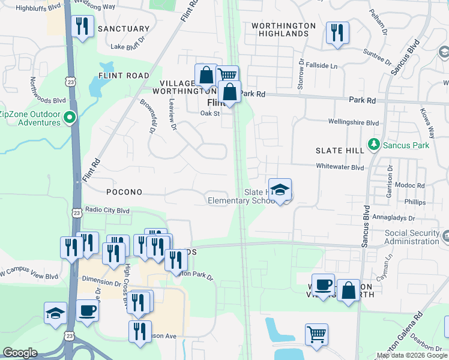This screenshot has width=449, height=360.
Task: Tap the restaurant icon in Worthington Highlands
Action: click(x=337, y=33)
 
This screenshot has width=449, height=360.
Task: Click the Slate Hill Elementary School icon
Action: click(x=280, y=190)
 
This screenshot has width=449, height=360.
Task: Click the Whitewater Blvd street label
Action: click(x=340, y=168)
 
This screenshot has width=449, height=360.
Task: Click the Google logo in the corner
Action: click(x=20, y=353)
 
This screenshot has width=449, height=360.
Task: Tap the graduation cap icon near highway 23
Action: click(x=55, y=313)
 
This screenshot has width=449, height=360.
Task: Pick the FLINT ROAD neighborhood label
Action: click(x=124, y=76)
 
